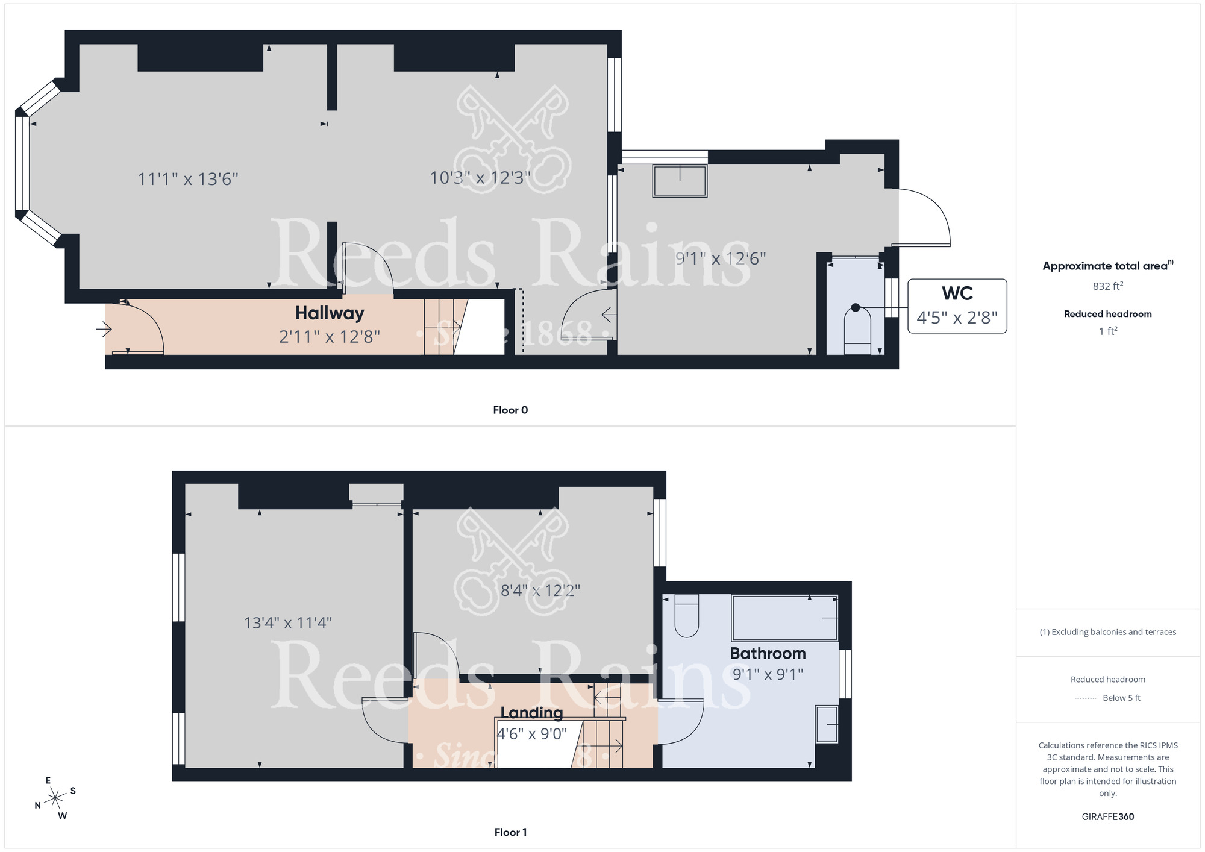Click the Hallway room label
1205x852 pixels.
coord(330,313)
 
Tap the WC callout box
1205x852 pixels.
coord(957,306)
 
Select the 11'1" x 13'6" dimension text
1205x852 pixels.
coord(188,179)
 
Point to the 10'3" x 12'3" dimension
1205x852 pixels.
coord(480,178)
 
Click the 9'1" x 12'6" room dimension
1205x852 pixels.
coord(721,258)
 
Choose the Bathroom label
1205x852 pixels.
coord(768,653)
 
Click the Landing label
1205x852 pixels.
coord(531,713)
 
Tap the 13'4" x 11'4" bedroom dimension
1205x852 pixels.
coord(287,622)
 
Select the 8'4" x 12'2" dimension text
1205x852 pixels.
coord(540,590)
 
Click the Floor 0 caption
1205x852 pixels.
coord(510,410)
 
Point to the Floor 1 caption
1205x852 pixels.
coord(510,832)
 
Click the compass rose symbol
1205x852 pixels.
coord(55,799)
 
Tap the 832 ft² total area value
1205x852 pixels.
coord(1107,286)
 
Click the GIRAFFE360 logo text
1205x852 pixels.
coord(1107,817)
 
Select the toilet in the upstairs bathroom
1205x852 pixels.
coord(686,616)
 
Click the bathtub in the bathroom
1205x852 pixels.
coord(784,618)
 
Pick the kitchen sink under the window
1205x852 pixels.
coord(680,181)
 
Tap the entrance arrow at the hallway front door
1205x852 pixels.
coord(104,329)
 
